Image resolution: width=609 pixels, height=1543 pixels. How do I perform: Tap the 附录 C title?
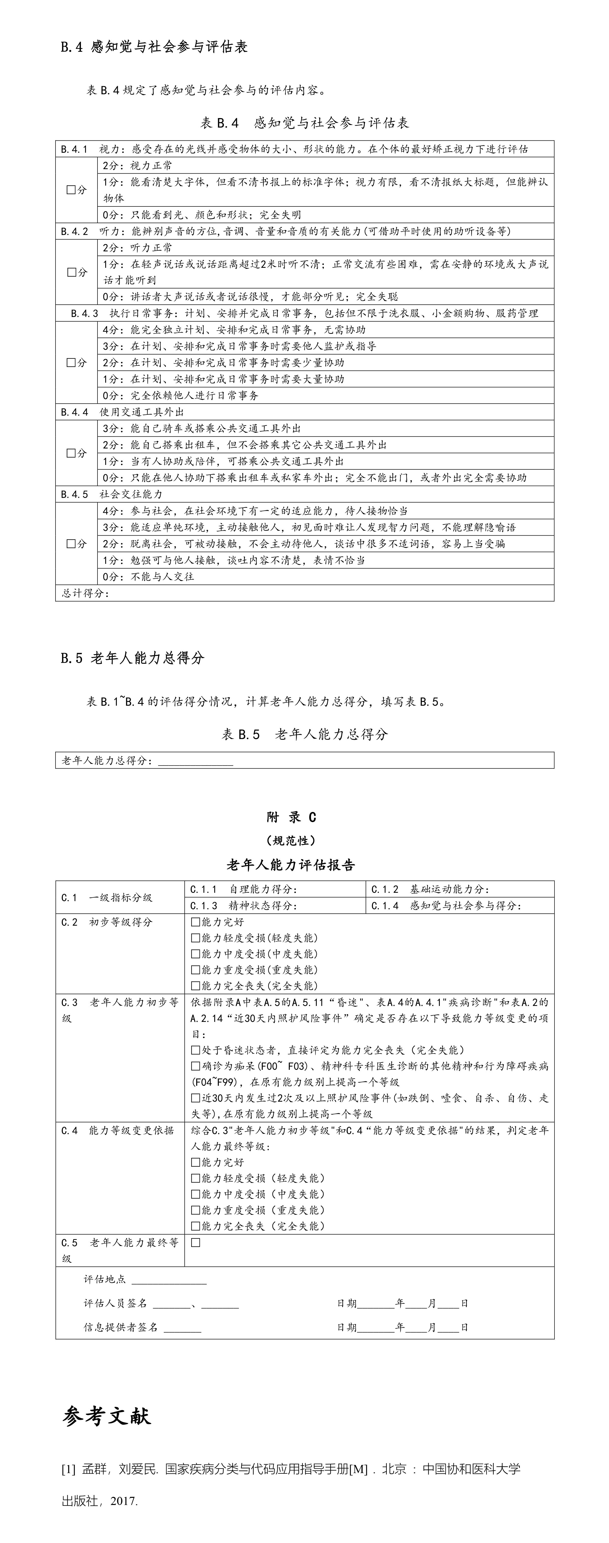[291, 817]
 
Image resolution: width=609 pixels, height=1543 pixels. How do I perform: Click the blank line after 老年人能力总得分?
[195, 761]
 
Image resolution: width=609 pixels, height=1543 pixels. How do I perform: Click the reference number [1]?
[68, 1469]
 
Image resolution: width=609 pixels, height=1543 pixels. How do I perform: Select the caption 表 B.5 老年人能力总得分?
[304, 734]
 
